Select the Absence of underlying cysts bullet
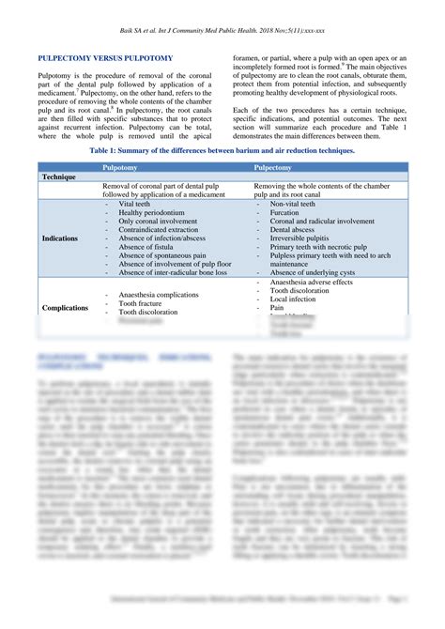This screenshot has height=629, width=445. [319, 273]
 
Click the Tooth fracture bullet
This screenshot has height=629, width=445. [141, 304]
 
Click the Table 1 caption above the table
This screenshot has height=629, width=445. [222, 150]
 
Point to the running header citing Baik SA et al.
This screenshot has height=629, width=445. [222, 30]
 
